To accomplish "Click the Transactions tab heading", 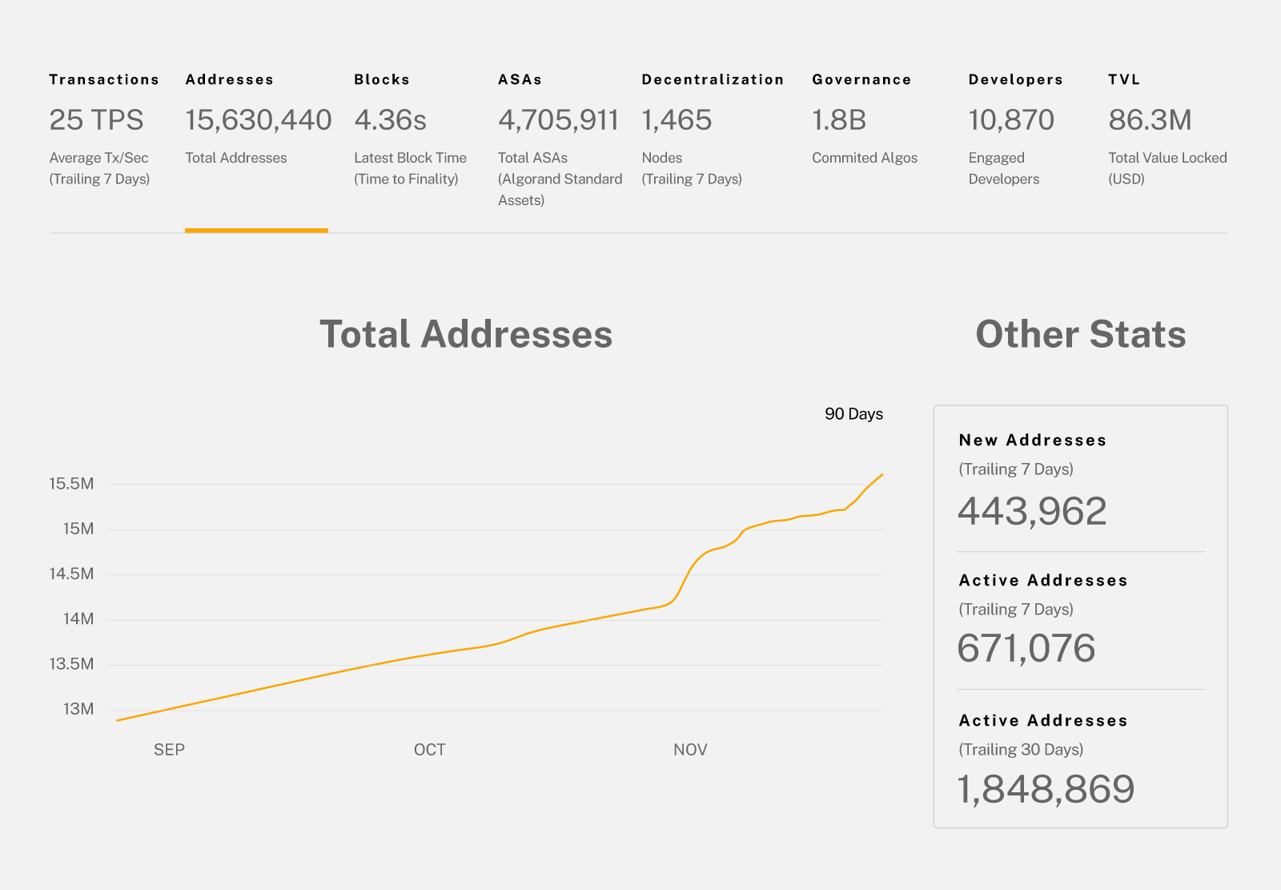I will pyautogui.click(x=104, y=79).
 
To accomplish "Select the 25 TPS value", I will pyautogui.click(x=96, y=120).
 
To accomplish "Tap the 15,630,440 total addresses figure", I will pyautogui.click(x=258, y=120).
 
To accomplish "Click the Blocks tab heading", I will pyautogui.click(x=382, y=79).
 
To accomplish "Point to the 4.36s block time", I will pyautogui.click(x=390, y=120).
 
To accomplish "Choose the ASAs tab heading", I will pyautogui.click(x=520, y=79).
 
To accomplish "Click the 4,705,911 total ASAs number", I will pyautogui.click(x=558, y=120).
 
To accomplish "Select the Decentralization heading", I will pyautogui.click(x=713, y=79).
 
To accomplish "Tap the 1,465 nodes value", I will pyautogui.click(x=677, y=120).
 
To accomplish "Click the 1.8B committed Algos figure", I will pyautogui.click(x=839, y=120).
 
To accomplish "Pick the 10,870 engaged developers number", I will pyautogui.click(x=1011, y=120).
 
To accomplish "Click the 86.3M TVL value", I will pyautogui.click(x=1150, y=120).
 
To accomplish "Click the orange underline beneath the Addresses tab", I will pyautogui.click(x=256, y=231).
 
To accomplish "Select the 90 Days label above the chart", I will pyautogui.click(x=853, y=414).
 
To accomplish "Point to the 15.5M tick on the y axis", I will pyautogui.click(x=71, y=484).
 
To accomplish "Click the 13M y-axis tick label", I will pyautogui.click(x=78, y=709).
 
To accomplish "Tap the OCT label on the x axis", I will pyautogui.click(x=429, y=750).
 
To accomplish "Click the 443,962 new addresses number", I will pyautogui.click(x=1032, y=511).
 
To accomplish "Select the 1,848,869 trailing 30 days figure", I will pyautogui.click(x=1046, y=789).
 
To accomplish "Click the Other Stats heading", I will pyautogui.click(x=1080, y=334).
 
